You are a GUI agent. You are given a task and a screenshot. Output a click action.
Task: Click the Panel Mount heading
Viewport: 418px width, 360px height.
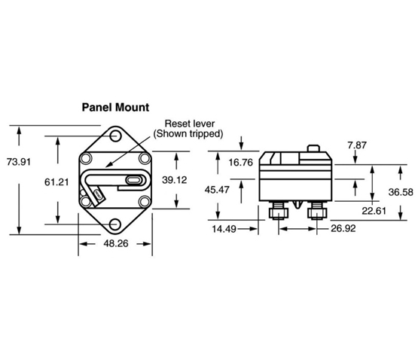coord(115,107)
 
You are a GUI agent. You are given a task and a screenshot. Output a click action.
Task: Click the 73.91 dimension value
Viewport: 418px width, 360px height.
coord(19,162)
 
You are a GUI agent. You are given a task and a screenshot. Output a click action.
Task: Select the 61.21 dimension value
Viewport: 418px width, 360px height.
coord(56,182)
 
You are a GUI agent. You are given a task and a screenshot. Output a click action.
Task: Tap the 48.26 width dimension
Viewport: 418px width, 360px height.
coord(116,243)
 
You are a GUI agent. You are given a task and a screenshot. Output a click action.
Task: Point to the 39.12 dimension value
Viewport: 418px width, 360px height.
coord(175,180)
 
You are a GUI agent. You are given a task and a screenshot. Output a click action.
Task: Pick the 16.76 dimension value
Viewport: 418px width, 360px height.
coord(241,163)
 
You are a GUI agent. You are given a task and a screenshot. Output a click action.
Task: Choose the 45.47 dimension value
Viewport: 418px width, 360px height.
coord(217,190)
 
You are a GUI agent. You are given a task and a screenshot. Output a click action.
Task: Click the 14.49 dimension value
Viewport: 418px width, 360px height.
coord(224,229)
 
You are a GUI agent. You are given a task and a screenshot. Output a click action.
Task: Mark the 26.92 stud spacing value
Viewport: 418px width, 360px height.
coord(343,228)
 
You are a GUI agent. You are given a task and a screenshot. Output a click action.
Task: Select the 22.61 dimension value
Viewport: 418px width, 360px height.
coord(374,211)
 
